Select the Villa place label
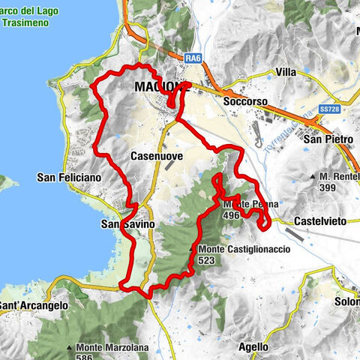286,72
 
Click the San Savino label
127,224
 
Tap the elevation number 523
210,260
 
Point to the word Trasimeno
25,22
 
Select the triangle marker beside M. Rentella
313,176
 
